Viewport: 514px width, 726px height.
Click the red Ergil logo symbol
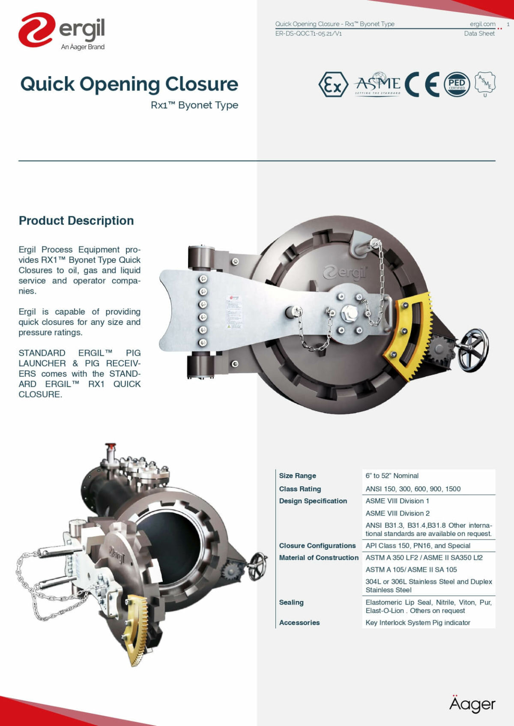click(36, 30)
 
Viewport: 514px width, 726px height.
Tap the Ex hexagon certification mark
click(333, 84)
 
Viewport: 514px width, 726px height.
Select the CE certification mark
click(422, 84)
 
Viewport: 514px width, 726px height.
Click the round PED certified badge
click(457, 84)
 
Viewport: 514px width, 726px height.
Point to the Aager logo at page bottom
click(472, 704)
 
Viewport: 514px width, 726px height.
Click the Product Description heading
click(76, 220)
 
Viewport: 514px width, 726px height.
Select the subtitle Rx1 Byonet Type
click(194, 105)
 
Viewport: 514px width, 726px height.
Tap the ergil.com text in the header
click(482, 24)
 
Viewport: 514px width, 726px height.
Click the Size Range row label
click(298, 476)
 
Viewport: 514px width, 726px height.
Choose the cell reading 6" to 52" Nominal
click(392, 476)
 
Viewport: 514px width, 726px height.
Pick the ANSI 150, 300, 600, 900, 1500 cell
click(413, 489)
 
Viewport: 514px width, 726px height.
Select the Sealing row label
click(291, 602)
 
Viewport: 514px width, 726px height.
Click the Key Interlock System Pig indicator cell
click(418, 622)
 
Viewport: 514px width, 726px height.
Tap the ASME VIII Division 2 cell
click(397, 513)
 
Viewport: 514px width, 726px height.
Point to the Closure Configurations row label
click(317, 546)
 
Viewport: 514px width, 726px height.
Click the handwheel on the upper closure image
click(473, 350)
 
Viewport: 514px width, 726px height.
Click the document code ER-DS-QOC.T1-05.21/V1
click(308, 33)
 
